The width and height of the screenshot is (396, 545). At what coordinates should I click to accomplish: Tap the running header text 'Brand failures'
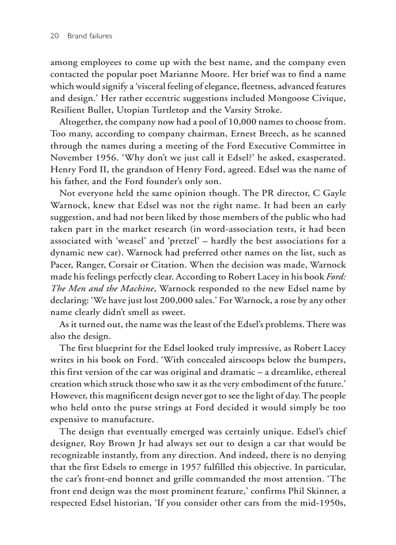pos(90,36)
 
